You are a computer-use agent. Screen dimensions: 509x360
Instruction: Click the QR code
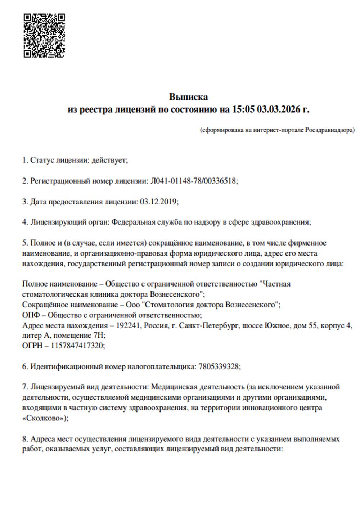(44, 36)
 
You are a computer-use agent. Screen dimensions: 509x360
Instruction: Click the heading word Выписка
(188, 97)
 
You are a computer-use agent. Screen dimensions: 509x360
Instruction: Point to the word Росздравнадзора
(329, 130)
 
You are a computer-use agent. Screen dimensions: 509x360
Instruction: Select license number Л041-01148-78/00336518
(193, 181)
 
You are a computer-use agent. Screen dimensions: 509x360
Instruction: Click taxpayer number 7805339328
(219, 367)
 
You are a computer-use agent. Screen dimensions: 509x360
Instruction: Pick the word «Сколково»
(44, 418)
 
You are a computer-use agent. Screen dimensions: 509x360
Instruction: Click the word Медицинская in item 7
(174, 387)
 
